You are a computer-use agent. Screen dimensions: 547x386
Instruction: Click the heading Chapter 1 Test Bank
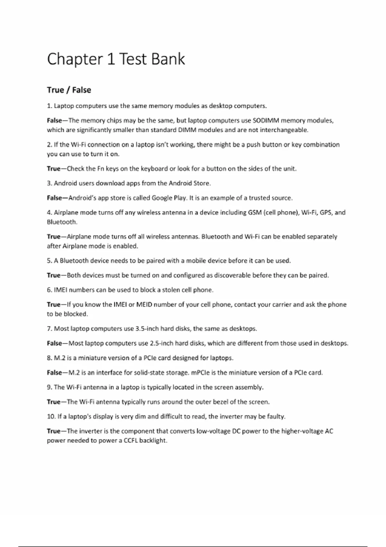click(x=116, y=59)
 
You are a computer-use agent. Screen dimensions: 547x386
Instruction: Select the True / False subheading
click(x=69, y=90)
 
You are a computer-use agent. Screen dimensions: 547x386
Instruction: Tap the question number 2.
click(x=49, y=145)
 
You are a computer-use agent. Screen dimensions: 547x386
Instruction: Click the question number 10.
click(x=51, y=417)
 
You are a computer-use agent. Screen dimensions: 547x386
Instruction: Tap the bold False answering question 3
click(x=54, y=198)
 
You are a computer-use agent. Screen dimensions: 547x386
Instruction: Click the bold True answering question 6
click(x=53, y=304)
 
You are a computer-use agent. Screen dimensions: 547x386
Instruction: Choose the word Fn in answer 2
click(x=101, y=169)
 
